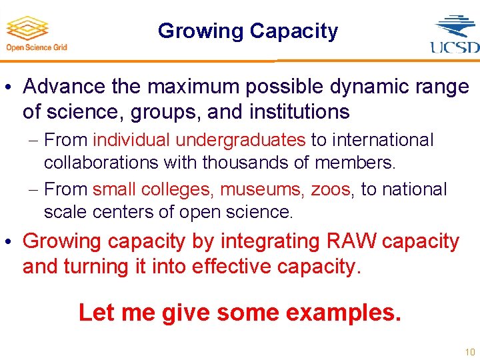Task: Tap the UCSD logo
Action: coord(455,33)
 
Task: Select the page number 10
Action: coord(470,351)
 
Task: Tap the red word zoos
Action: coord(330,189)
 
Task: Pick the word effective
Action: coord(232,266)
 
